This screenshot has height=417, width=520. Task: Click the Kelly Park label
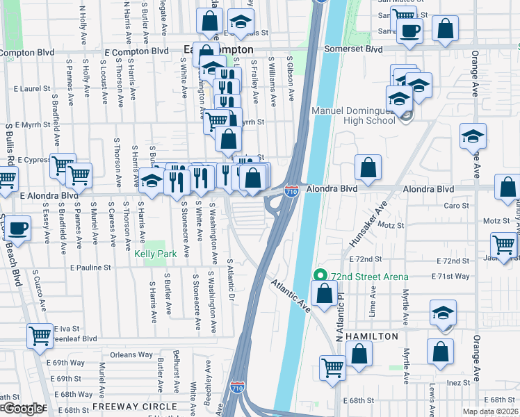[151, 254]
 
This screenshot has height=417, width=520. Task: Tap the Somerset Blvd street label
[355, 49]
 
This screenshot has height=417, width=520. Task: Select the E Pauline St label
[90, 268]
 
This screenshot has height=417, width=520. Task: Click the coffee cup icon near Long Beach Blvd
[19, 229]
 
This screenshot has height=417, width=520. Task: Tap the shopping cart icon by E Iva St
[40, 336]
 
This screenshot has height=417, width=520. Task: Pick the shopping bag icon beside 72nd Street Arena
[324, 293]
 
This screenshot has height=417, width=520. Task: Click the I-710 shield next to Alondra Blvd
[292, 190]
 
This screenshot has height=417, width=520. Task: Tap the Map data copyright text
[491, 412]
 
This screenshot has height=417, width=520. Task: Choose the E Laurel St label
[33, 89]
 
